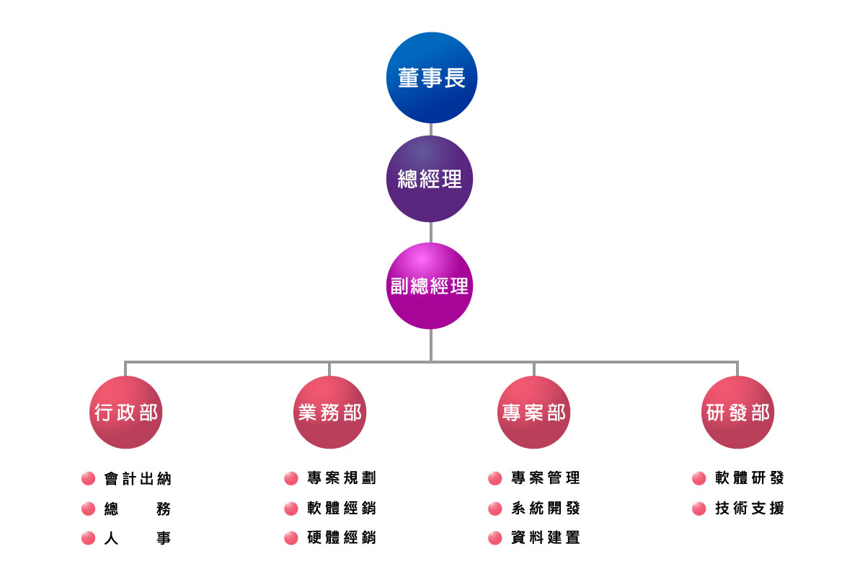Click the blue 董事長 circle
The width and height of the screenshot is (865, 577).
click(x=431, y=78)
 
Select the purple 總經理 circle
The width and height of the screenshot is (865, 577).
click(x=430, y=178)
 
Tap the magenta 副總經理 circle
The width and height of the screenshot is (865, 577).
click(x=430, y=286)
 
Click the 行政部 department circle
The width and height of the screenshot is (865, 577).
click(x=125, y=413)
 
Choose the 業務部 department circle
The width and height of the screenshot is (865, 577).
click(x=329, y=413)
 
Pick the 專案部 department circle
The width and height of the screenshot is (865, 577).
click(x=533, y=413)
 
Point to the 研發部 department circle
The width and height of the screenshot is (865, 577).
click(x=737, y=413)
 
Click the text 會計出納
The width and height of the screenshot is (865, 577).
click(x=138, y=479)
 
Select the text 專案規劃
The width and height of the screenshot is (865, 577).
click(x=341, y=478)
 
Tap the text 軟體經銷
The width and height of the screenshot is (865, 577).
click(x=341, y=508)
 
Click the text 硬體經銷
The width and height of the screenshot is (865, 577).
click(x=341, y=538)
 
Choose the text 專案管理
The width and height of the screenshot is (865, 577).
click(x=545, y=478)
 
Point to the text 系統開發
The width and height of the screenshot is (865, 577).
click(x=545, y=508)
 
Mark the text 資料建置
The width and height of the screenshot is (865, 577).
click(x=545, y=538)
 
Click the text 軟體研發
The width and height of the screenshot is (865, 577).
click(x=749, y=478)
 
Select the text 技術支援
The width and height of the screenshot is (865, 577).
click(x=749, y=508)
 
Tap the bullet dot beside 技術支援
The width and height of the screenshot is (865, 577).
click(x=698, y=508)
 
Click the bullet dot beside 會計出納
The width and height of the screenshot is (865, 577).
click(x=89, y=479)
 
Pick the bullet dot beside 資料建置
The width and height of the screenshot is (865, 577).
click(x=495, y=538)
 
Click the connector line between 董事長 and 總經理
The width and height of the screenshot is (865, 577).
click(x=431, y=130)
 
